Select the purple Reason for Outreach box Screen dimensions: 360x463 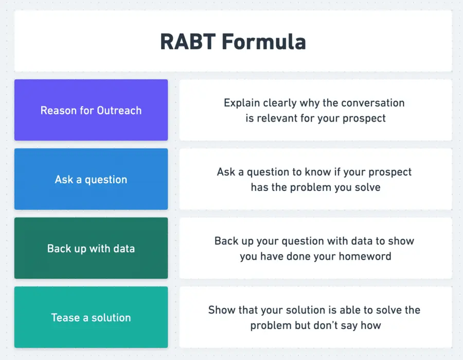(91, 110)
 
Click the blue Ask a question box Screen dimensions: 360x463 (91, 179)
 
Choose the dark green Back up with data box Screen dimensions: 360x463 (91, 248)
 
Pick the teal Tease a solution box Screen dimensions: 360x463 (91, 317)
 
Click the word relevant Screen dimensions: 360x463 (278, 118)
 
